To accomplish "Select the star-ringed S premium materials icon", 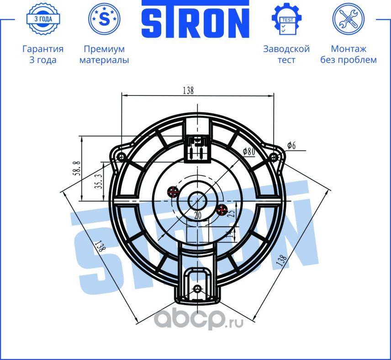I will point(104,19).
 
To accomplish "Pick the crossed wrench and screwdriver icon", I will point(348,20).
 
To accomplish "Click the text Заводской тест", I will point(286,54).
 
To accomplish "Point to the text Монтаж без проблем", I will point(349,54).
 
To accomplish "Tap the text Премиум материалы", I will point(104,54).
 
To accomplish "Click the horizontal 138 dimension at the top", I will point(188,90).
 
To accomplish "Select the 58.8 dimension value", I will point(77,169).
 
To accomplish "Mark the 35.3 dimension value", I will point(98,181).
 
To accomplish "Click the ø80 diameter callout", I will point(248,151).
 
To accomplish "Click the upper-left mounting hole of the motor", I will point(121,157).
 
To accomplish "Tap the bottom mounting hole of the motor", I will point(197,289).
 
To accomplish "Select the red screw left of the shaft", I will point(173,191).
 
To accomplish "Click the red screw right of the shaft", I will point(222,210).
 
